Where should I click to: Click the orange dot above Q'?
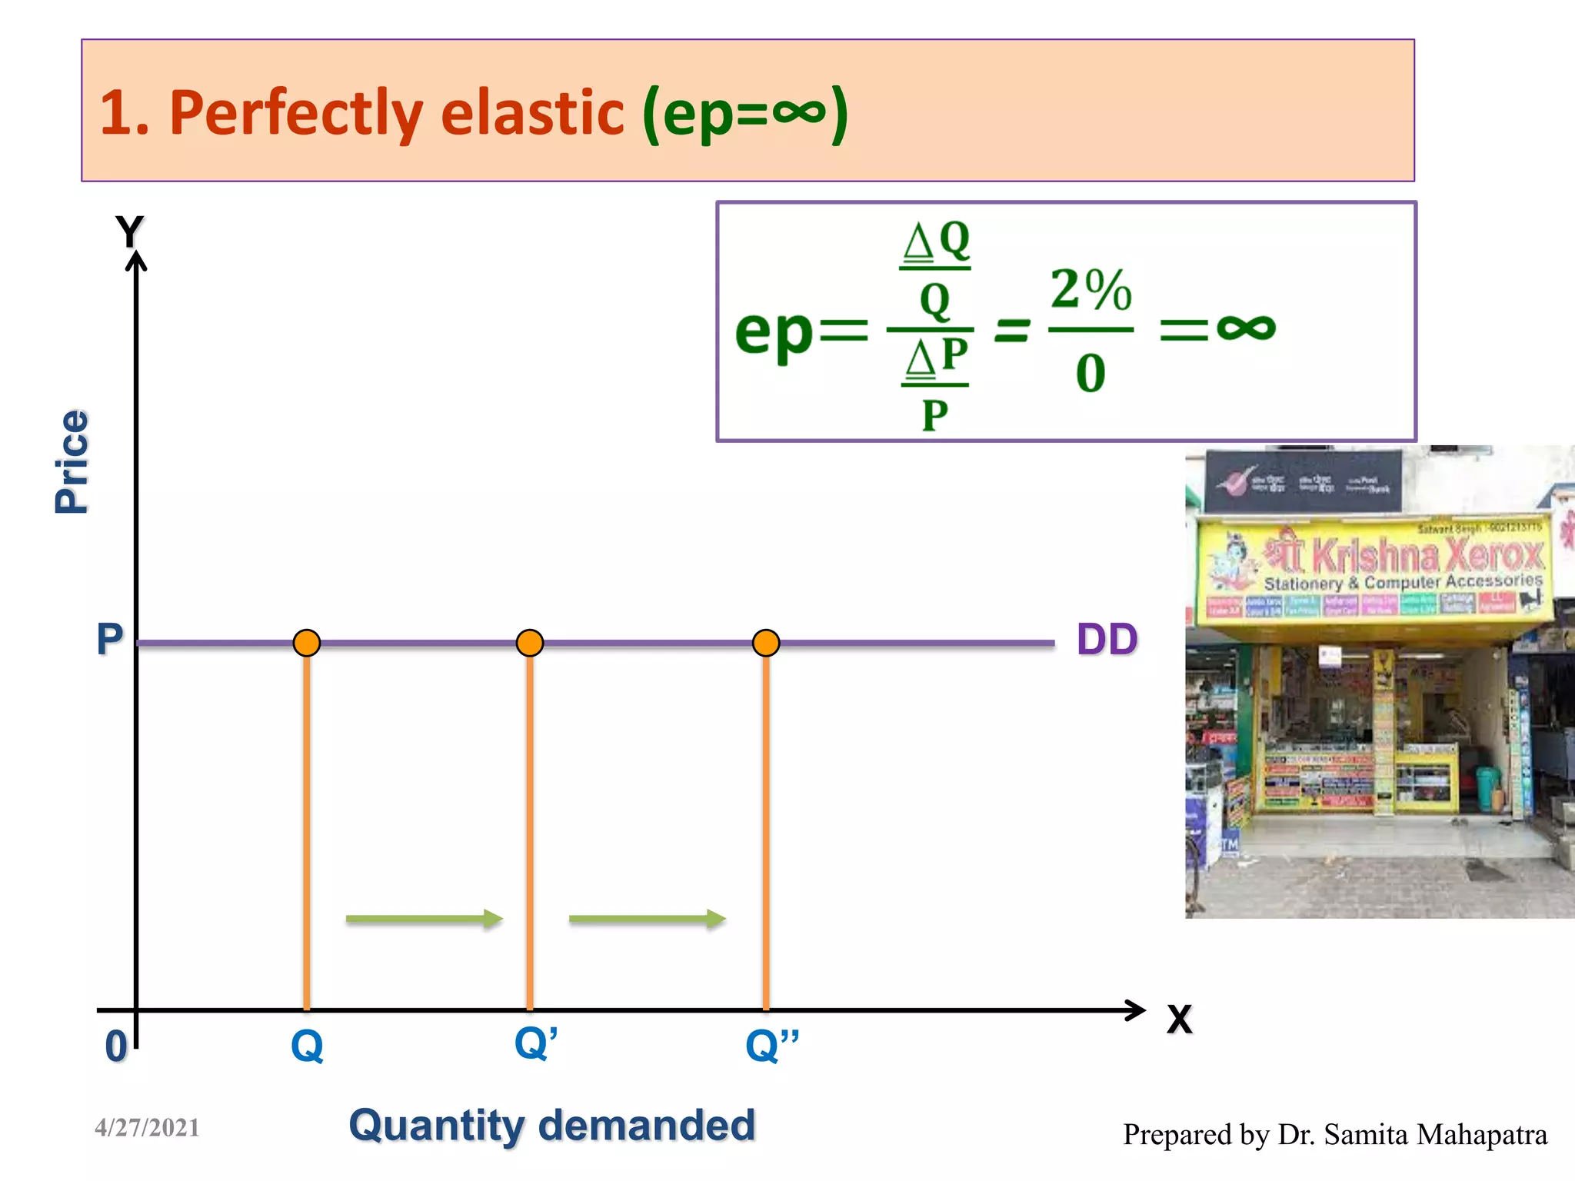tap(530, 642)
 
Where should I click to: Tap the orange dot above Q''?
tap(766, 642)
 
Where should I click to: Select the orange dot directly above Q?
tap(307, 642)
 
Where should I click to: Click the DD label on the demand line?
tap(1107, 640)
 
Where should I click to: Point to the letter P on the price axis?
tap(109, 639)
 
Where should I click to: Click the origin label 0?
tap(116, 1046)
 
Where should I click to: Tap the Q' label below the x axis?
tap(535, 1043)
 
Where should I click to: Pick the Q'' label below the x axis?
tap(772, 1045)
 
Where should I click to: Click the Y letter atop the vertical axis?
tap(130, 231)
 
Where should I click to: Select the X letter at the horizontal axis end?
tap(1179, 1020)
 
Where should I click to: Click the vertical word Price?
tap(72, 461)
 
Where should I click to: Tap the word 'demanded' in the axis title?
tap(647, 1126)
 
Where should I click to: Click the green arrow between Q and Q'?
tap(425, 918)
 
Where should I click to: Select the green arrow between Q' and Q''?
tap(648, 918)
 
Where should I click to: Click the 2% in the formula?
tap(1091, 290)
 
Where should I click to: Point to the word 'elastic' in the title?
tap(532, 113)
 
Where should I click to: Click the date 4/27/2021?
tap(147, 1128)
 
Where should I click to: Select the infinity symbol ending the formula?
tap(1246, 328)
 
